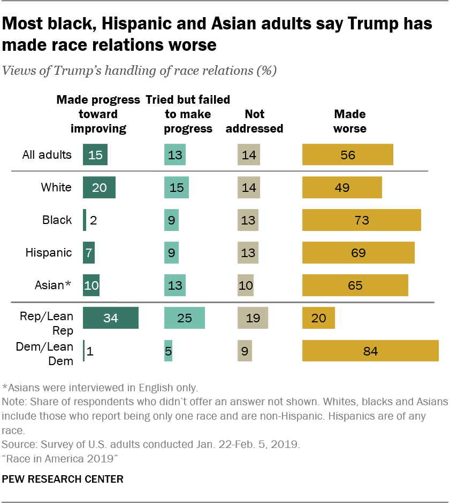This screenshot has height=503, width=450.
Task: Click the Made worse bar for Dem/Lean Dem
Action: click(x=370, y=351)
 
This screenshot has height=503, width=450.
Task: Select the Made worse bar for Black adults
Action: click(x=362, y=220)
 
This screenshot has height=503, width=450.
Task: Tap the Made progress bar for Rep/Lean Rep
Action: click(x=111, y=318)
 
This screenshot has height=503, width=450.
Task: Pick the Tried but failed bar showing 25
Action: click(x=184, y=318)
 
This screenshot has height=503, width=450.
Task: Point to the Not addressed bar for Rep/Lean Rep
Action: click(x=253, y=318)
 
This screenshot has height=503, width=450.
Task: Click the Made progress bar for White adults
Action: click(x=99, y=187)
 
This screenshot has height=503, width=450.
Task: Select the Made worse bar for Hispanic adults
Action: click(x=359, y=252)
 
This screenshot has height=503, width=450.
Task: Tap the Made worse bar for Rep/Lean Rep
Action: click(x=318, y=318)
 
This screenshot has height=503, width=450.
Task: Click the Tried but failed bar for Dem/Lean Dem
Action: click(x=168, y=351)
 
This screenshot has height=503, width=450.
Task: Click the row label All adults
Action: click(x=47, y=154)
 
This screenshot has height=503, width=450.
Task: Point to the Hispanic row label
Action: click(x=49, y=252)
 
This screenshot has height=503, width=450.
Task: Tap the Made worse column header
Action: click(x=349, y=121)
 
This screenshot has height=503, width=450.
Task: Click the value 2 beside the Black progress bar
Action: click(x=93, y=220)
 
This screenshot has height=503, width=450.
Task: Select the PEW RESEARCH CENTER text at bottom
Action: click(x=63, y=479)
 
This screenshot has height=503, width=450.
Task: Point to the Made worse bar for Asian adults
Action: click(x=355, y=285)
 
